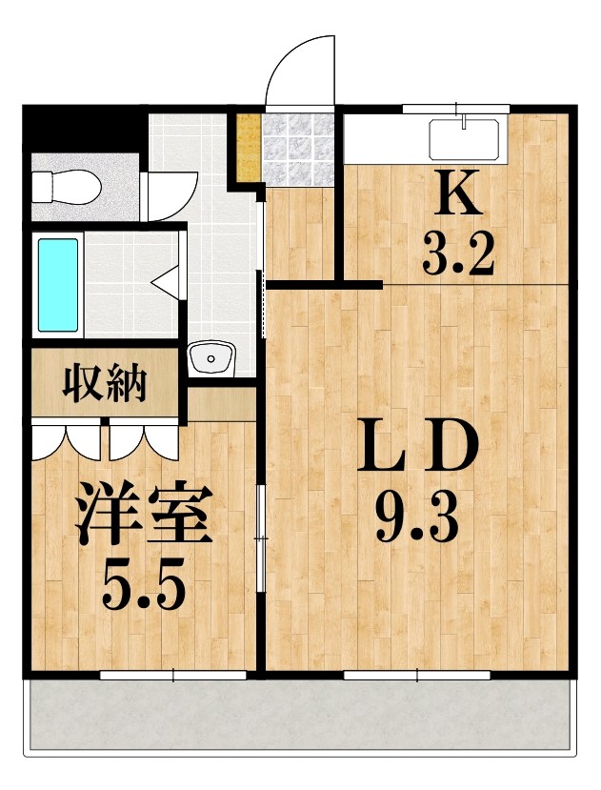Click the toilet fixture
click(x=65, y=185)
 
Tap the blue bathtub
click(x=57, y=285)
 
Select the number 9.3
click(x=416, y=519)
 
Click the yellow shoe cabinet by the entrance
click(x=248, y=148)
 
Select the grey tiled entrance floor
click(x=299, y=149)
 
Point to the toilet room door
click(x=170, y=194)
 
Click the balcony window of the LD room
click(x=416, y=675)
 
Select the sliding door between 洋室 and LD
click(x=261, y=538)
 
